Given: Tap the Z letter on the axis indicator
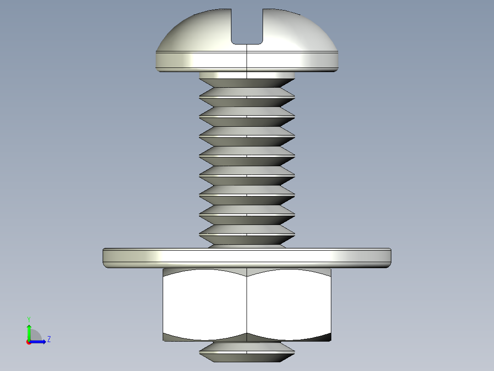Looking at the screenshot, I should tap(49, 339).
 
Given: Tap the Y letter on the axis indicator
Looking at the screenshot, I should tap(29, 319).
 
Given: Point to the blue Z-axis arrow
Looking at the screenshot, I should tap(38, 342).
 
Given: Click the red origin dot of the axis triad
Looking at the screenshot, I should tap(28, 342).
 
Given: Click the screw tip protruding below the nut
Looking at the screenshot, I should tap(247, 351).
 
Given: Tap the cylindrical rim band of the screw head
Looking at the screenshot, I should tap(247, 60).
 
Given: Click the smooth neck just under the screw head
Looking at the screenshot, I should tap(247, 75).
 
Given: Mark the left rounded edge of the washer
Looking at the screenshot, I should tap(105, 257).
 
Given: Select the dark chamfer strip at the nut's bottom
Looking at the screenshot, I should tap(247, 337).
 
